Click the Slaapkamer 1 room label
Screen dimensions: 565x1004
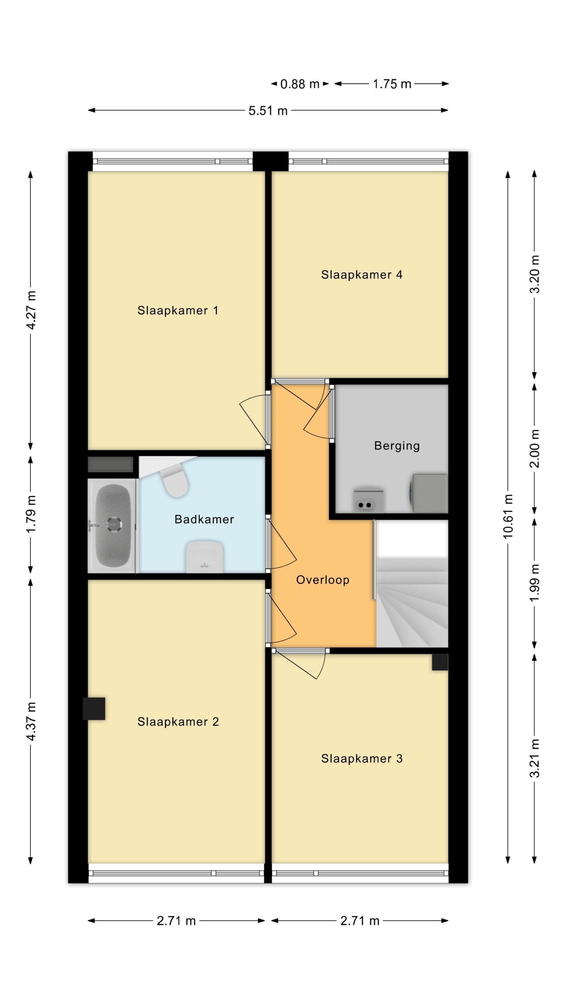[x=177, y=311]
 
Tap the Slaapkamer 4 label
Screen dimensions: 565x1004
[x=361, y=275]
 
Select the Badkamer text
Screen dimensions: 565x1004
[x=204, y=519]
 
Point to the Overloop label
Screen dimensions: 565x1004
[x=323, y=580]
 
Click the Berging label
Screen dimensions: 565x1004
[x=397, y=446]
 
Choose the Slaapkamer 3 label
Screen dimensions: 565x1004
[x=362, y=759]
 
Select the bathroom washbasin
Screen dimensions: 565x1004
[x=204, y=557]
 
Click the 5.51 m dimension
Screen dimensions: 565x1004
[x=268, y=111]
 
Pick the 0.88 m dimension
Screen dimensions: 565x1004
[x=300, y=84]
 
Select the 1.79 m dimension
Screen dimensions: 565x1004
[x=31, y=514]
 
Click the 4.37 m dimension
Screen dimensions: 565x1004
[x=31, y=722]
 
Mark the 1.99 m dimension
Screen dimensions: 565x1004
[x=534, y=583]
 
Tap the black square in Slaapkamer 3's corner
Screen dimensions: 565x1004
[x=440, y=662]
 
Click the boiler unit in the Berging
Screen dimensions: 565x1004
[x=368, y=500]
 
